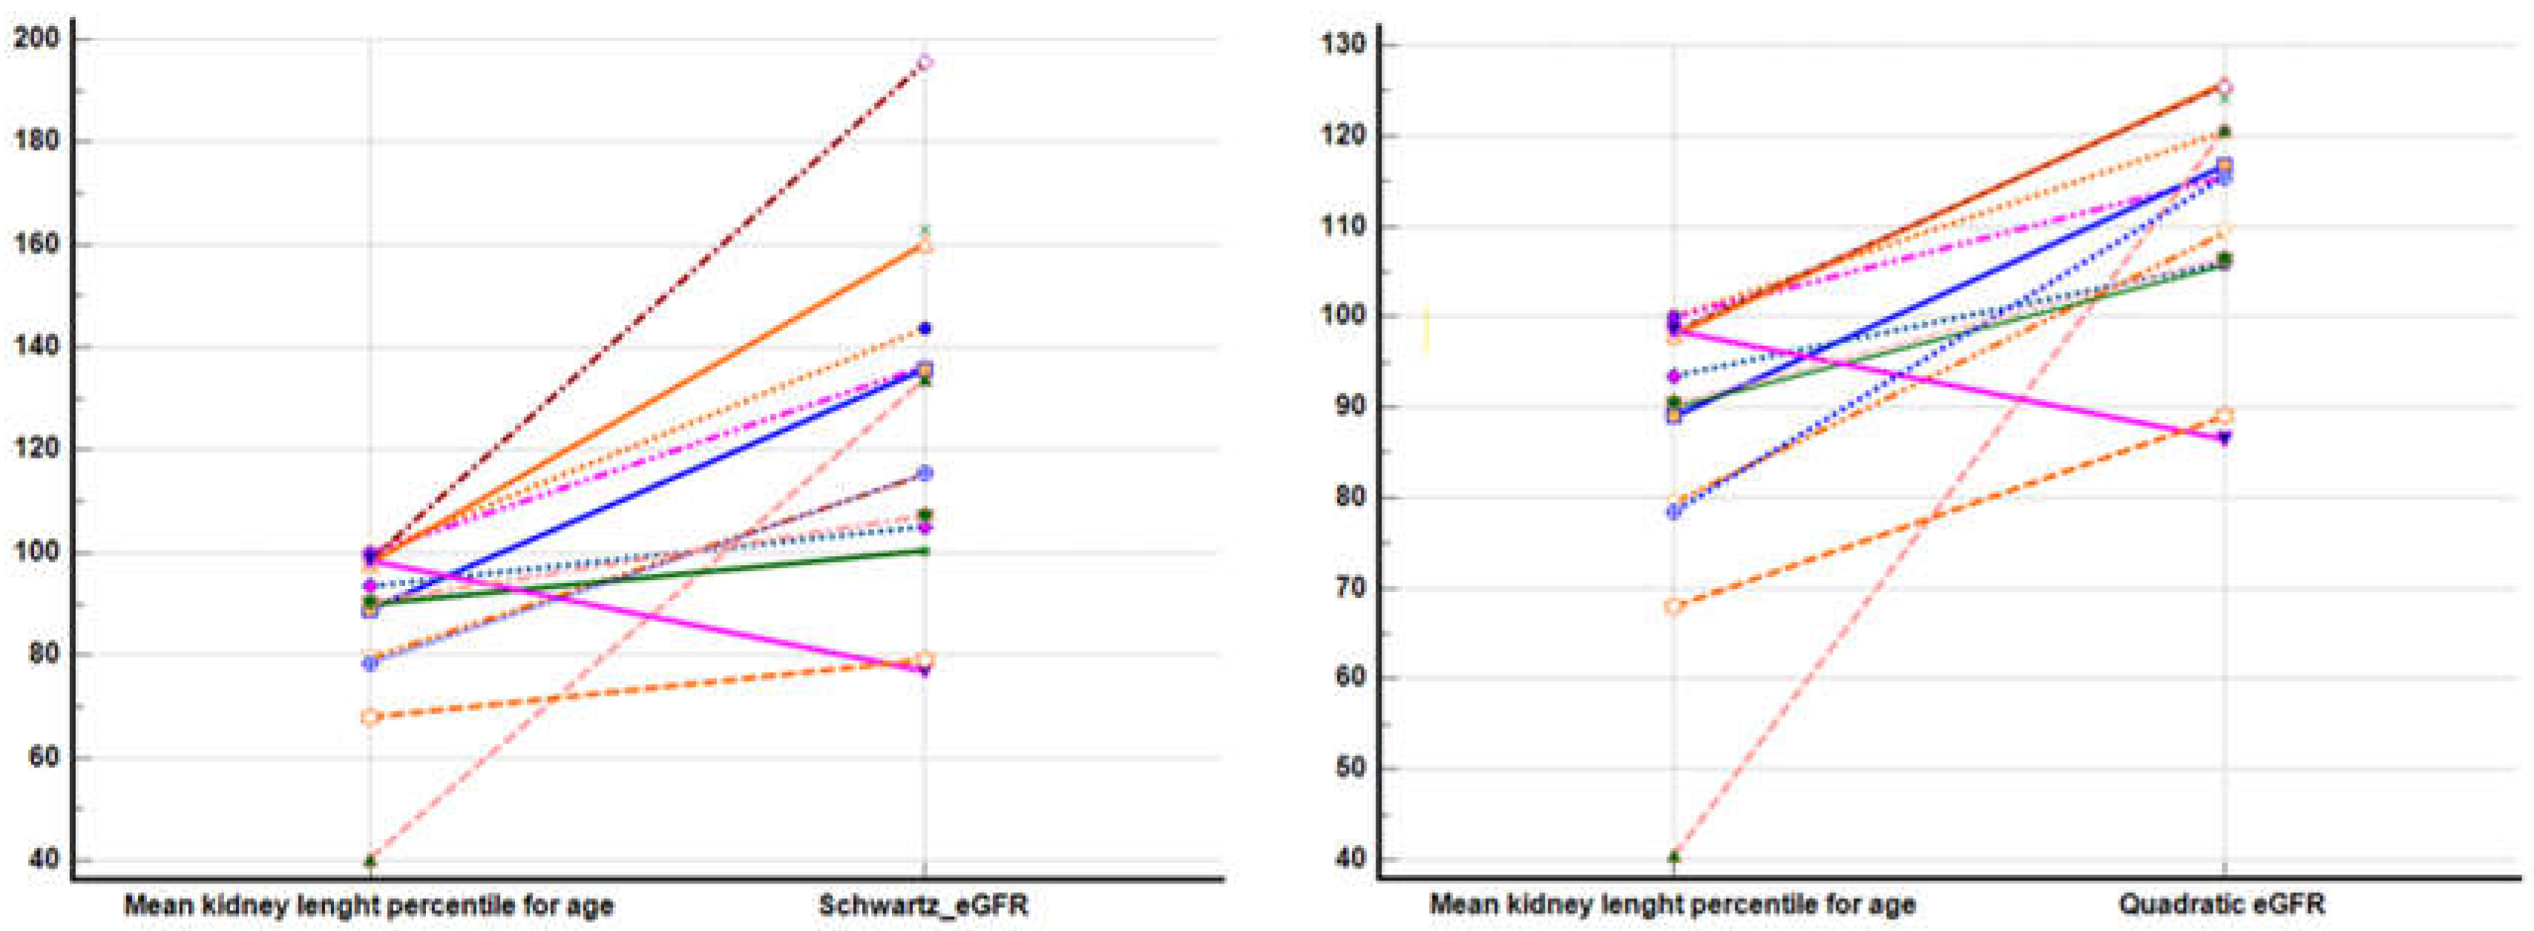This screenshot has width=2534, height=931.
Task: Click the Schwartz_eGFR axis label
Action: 923,904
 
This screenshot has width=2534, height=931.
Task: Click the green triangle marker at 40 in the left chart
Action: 370,861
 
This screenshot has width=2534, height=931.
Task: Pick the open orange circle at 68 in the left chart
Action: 369,717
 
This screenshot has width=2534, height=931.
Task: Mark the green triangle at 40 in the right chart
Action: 1674,856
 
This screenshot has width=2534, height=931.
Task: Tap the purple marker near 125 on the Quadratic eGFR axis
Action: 2224,88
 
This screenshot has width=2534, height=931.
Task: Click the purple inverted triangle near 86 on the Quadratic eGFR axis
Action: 2224,438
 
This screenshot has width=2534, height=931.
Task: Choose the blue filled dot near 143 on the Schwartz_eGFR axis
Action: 925,329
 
